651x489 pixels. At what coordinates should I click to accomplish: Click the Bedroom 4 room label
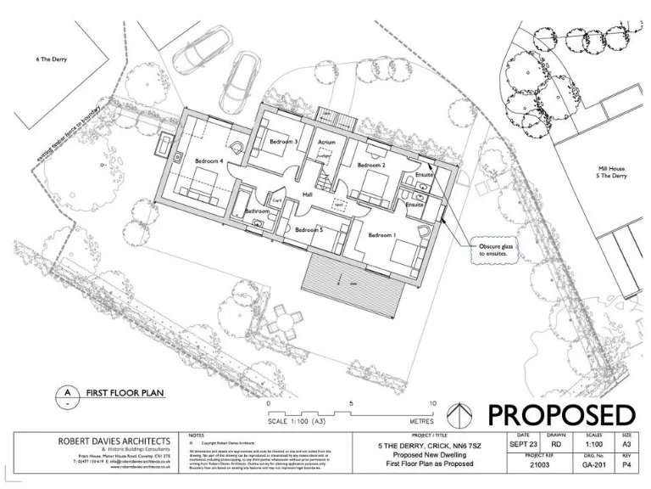tap(209, 160)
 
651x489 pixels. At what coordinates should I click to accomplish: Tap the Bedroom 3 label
tap(283, 142)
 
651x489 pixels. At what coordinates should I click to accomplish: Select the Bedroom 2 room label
tap(371, 165)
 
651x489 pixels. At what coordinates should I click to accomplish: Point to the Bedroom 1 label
tap(381, 234)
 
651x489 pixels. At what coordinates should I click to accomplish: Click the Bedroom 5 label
tap(309, 229)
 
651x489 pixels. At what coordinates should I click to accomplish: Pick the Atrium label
tap(327, 142)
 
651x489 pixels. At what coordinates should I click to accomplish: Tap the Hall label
tap(309, 194)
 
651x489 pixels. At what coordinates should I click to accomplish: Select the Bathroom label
tap(257, 211)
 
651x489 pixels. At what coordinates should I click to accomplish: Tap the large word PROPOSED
tap(560, 415)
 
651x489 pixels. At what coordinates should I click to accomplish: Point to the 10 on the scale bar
tap(432, 404)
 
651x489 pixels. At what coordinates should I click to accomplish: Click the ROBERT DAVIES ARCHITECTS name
tap(114, 441)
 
